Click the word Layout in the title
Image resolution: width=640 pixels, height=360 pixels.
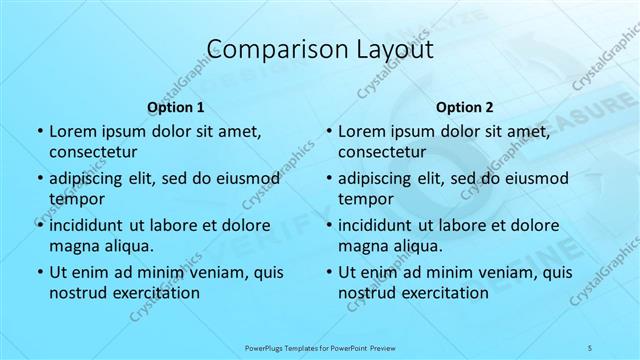coord(386,49)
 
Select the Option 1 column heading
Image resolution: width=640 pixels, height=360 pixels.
coord(175,107)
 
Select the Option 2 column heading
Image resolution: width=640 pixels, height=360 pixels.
coord(465,107)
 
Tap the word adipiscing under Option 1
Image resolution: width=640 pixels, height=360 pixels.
coord(88,178)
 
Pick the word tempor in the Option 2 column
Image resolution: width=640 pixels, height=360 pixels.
coord(364,198)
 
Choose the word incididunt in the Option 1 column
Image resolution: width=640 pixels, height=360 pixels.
coord(89,225)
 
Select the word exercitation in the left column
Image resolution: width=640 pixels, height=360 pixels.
coord(156,293)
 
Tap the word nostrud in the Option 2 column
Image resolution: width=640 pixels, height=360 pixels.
coord(368,293)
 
